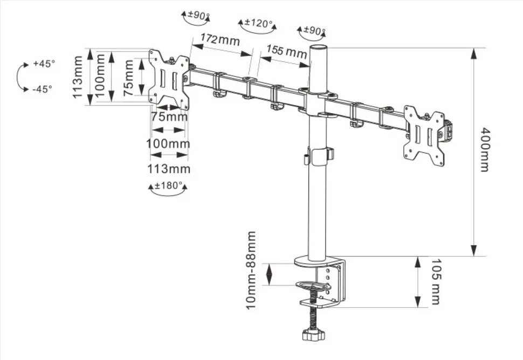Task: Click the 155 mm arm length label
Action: pos(286,52)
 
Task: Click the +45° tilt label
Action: pos(44,64)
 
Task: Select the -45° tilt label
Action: pos(42,89)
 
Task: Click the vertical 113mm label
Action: pos(79,77)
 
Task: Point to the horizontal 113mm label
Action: pos(169,169)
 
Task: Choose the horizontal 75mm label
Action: pos(169,116)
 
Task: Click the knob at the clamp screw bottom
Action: pos(312,335)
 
